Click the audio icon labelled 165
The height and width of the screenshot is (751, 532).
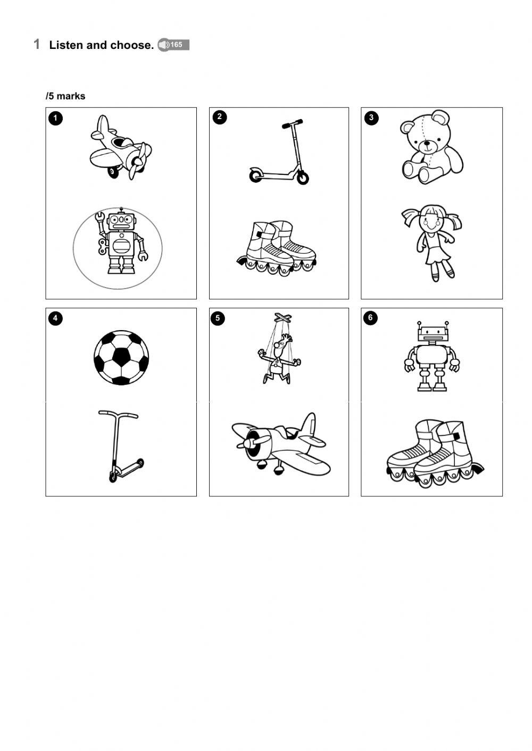173,45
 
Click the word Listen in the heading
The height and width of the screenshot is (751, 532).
66,45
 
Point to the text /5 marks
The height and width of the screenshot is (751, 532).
65,96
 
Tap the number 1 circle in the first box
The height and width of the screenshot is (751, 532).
55,118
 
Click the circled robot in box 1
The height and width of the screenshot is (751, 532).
120,243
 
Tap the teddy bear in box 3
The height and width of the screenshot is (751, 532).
431,147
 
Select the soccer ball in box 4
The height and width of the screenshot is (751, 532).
121,357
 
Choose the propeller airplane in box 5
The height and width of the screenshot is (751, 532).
280,444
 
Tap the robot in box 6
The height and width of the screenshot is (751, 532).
432,356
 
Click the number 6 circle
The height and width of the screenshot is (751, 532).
371,318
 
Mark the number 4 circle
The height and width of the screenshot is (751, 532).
55,318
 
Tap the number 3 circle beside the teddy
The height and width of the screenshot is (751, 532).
371,117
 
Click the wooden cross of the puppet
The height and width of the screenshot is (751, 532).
283,318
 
